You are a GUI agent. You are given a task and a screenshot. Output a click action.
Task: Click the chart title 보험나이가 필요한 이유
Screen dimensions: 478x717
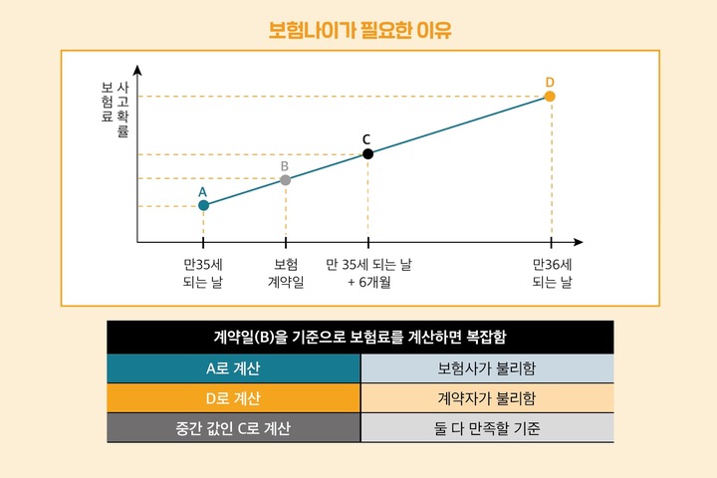pyautogui.click(x=359, y=29)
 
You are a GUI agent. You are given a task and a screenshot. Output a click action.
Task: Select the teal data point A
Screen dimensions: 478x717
pyautogui.click(x=203, y=205)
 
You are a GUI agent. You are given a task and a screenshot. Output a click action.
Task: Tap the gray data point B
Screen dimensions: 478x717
pyautogui.click(x=286, y=179)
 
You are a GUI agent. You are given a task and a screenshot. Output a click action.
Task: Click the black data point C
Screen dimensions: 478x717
pyautogui.click(x=367, y=153)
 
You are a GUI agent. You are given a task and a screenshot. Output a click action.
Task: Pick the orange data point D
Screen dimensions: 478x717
pyautogui.click(x=550, y=96)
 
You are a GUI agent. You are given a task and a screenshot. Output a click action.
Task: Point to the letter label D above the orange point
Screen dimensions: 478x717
pyautogui.click(x=550, y=81)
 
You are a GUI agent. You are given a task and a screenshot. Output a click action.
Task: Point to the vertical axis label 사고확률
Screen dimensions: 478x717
pyautogui.click(x=123, y=110)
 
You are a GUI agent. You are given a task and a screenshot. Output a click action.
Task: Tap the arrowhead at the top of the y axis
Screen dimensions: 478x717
pyautogui.click(x=137, y=69)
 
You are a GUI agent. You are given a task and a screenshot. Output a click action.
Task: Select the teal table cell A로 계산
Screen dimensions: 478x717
pyautogui.click(x=233, y=368)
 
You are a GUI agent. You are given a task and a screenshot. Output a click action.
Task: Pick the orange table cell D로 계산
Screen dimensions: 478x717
pyautogui.click(x=233, y=398)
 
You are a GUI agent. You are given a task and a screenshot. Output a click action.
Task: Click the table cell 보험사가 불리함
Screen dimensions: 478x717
pyautogui.click(x=486, y=368)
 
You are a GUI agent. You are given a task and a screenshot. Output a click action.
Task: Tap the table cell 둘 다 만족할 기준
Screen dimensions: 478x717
pyautogui.click(x=486, y=428)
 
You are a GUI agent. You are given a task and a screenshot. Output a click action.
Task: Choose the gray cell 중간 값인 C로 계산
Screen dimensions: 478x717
pyautogui.click(x=233, y=428)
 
